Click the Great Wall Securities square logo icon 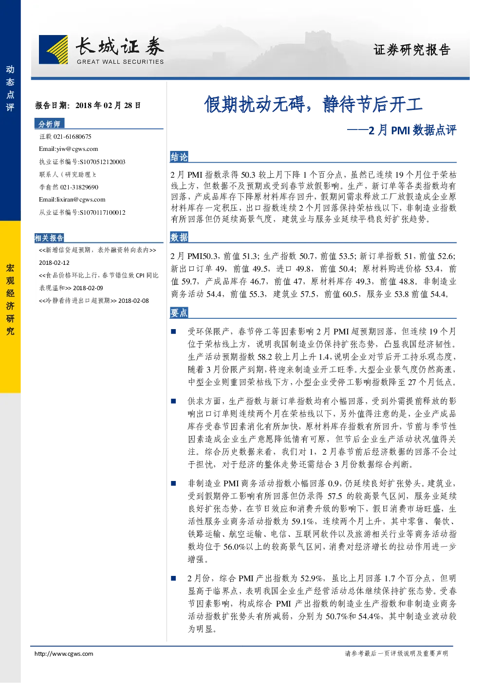53,49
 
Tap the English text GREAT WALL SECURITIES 120,62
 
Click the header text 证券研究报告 411,50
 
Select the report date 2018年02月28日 108,106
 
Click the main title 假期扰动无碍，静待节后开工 313,104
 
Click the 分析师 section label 49,124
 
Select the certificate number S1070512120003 102,162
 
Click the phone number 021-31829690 79,187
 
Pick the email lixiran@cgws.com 81,200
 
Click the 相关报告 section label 49,238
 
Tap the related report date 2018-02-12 54,262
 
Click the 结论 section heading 179,157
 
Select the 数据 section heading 179,237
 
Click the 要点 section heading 179,313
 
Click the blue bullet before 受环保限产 173,332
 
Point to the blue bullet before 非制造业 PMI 173,483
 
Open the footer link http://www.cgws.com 64,653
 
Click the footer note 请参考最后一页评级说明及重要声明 396,653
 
